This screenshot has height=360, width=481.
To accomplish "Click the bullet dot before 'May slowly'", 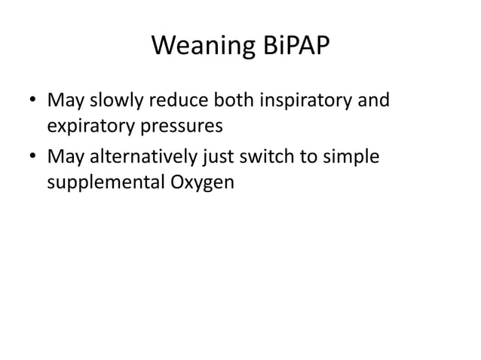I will [x=32, y=101].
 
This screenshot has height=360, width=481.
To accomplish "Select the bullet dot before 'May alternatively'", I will [x=32, y=157].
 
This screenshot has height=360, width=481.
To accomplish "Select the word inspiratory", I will [x=303, y=100].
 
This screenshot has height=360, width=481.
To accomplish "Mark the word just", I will [x=213, y=155].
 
